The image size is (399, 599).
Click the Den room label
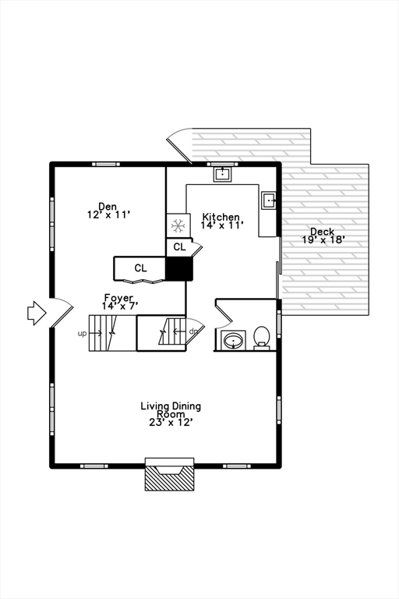click(x=108, y=206)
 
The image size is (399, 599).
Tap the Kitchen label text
click(x=221, y=217)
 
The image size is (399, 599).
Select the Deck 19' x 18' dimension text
click(x=323, y=240)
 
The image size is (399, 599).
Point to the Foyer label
click(x=118, y=297)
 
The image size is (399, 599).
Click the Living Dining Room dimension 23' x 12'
click(x=171, y=423)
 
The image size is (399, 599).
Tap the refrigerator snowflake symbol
click(x=178, y=225)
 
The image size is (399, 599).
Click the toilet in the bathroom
click(x=262, y=337)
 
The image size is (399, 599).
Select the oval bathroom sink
click(x=233, y=340)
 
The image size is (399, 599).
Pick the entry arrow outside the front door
click(x=37, y=313)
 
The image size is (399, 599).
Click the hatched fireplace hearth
click(x=169, y=478)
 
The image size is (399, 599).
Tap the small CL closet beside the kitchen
click(x=179, y=247)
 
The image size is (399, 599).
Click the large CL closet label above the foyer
click(x=140, y=268)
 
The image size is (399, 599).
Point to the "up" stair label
click(x=82, y=334)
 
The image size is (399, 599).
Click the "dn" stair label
click(x=193, y=331)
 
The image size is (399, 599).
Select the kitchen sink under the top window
click(x=222, y=174)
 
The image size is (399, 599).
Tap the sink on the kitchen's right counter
click(x=269, y=200)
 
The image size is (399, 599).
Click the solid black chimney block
click(x=179, y=268)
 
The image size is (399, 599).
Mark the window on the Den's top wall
click(x=106, y=165)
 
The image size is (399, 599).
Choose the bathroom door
click(x=224, y=313)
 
